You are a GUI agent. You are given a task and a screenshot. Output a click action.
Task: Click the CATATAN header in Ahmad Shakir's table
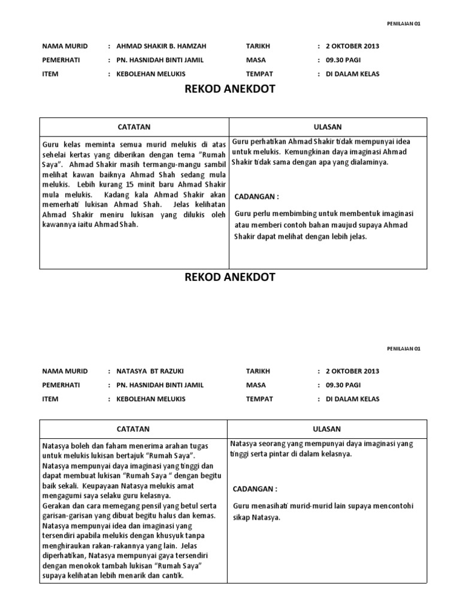point(134,127)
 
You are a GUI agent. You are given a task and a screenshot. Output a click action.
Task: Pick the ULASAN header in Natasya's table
point(327,429)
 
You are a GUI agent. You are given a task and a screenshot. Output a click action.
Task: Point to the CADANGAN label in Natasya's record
point(256,489)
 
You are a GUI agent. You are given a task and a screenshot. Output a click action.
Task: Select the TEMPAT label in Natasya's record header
point(259,399)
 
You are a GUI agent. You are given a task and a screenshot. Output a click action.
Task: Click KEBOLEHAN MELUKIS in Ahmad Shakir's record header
point(150,74)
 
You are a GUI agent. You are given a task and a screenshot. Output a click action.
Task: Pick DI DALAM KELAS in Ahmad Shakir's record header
point(352,74)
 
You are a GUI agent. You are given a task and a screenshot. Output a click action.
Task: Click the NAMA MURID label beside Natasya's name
point(65,371)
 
